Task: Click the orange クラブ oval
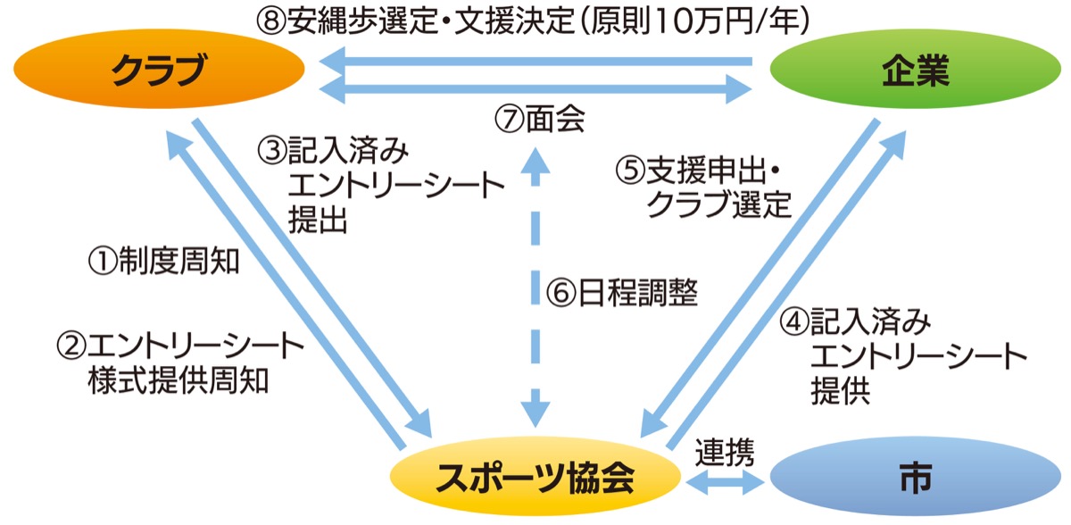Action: (x=159, y=71)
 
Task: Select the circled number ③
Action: (x=271, y=149)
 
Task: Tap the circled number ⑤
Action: (x=629, y=170)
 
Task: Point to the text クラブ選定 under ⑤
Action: (x=718, y=205)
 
